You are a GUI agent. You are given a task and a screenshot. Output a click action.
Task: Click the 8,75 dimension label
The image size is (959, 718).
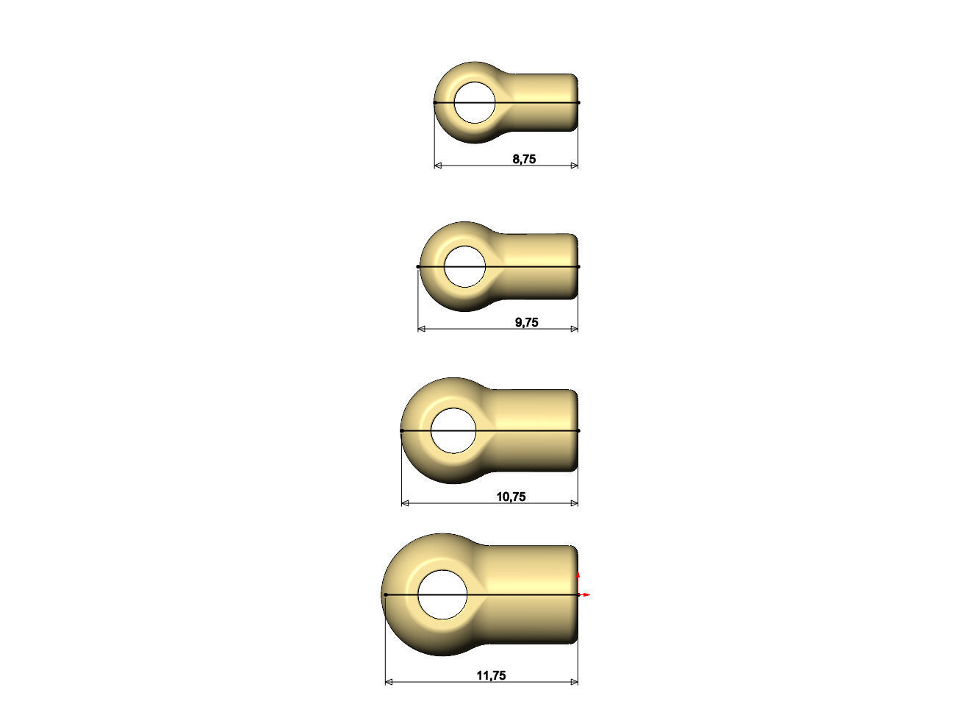coord(524,159)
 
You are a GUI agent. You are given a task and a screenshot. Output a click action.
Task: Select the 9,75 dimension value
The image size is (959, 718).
coord(526,322)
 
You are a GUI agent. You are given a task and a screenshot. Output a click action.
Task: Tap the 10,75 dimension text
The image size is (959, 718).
coord(511,497)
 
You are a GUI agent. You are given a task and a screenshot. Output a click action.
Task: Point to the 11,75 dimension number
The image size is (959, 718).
coord(491,675)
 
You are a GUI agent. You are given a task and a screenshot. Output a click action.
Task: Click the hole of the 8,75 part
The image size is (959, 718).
coord(475,102)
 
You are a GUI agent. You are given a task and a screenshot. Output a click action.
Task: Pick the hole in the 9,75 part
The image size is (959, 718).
coord(465,267)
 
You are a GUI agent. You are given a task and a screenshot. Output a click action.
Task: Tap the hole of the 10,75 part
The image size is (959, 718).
coord(453,430)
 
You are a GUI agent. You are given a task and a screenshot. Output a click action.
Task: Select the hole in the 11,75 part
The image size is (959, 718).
coord(442,594)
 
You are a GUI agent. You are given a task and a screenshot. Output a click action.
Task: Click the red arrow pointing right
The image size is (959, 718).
coord(584,594)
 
